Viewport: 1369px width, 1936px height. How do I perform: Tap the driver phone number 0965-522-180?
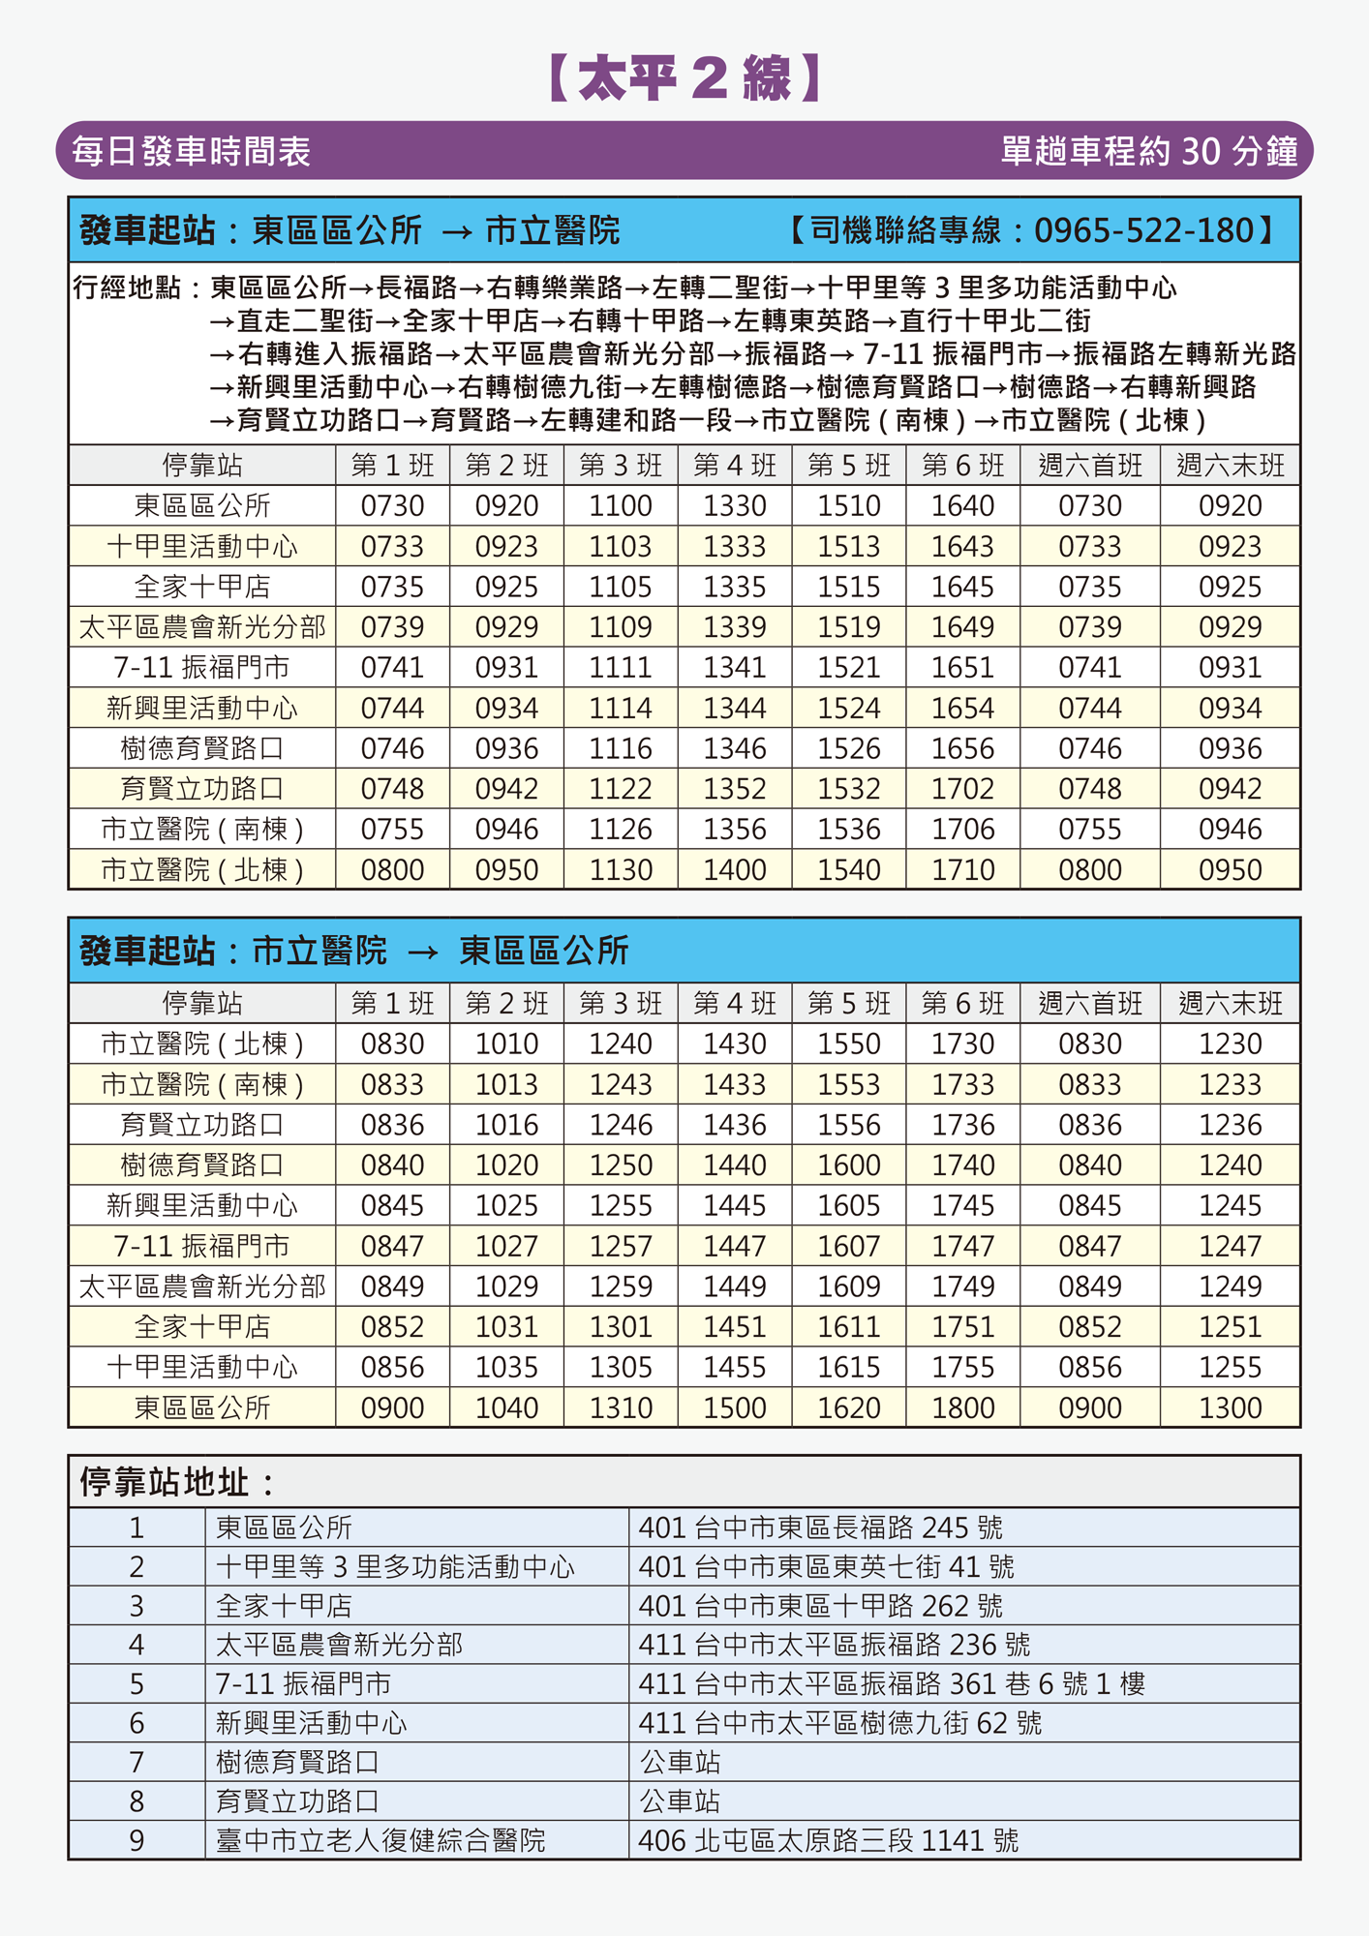[x=1143, y=230]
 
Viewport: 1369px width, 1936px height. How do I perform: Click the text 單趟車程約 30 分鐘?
[x=1148, y=151]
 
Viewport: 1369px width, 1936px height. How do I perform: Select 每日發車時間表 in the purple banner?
[x=191, y=152]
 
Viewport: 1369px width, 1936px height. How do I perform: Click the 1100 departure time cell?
[x=621, y=505]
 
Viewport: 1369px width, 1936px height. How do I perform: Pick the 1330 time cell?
[x=735, y=505]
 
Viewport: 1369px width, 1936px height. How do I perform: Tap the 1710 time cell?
[x=962, y=869]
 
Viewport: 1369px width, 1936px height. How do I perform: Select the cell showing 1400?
[x=735, y=869]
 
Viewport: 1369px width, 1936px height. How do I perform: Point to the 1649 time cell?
[x=962, y=627]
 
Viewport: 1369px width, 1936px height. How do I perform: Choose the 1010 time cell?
[x=506, y=1044]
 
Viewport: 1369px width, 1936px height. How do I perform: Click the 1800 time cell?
[x=962, y=1407]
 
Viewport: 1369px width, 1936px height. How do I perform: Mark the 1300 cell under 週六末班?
[x=1230, y=1407]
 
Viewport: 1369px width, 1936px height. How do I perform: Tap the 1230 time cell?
[x=1230, y=1044]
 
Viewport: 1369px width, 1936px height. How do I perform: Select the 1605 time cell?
[x=849, y=1205]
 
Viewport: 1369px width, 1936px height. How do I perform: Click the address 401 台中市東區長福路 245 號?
[x=820, y=1528]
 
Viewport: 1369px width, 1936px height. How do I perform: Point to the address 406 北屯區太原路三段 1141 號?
[x=828, y=1840]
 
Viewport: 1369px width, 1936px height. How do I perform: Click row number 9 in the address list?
[x=137, y=1840]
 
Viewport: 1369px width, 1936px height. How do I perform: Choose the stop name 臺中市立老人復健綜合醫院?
[x=380, y=1840]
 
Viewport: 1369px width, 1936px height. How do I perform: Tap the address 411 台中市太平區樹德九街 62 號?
[x=839, y=1723]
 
